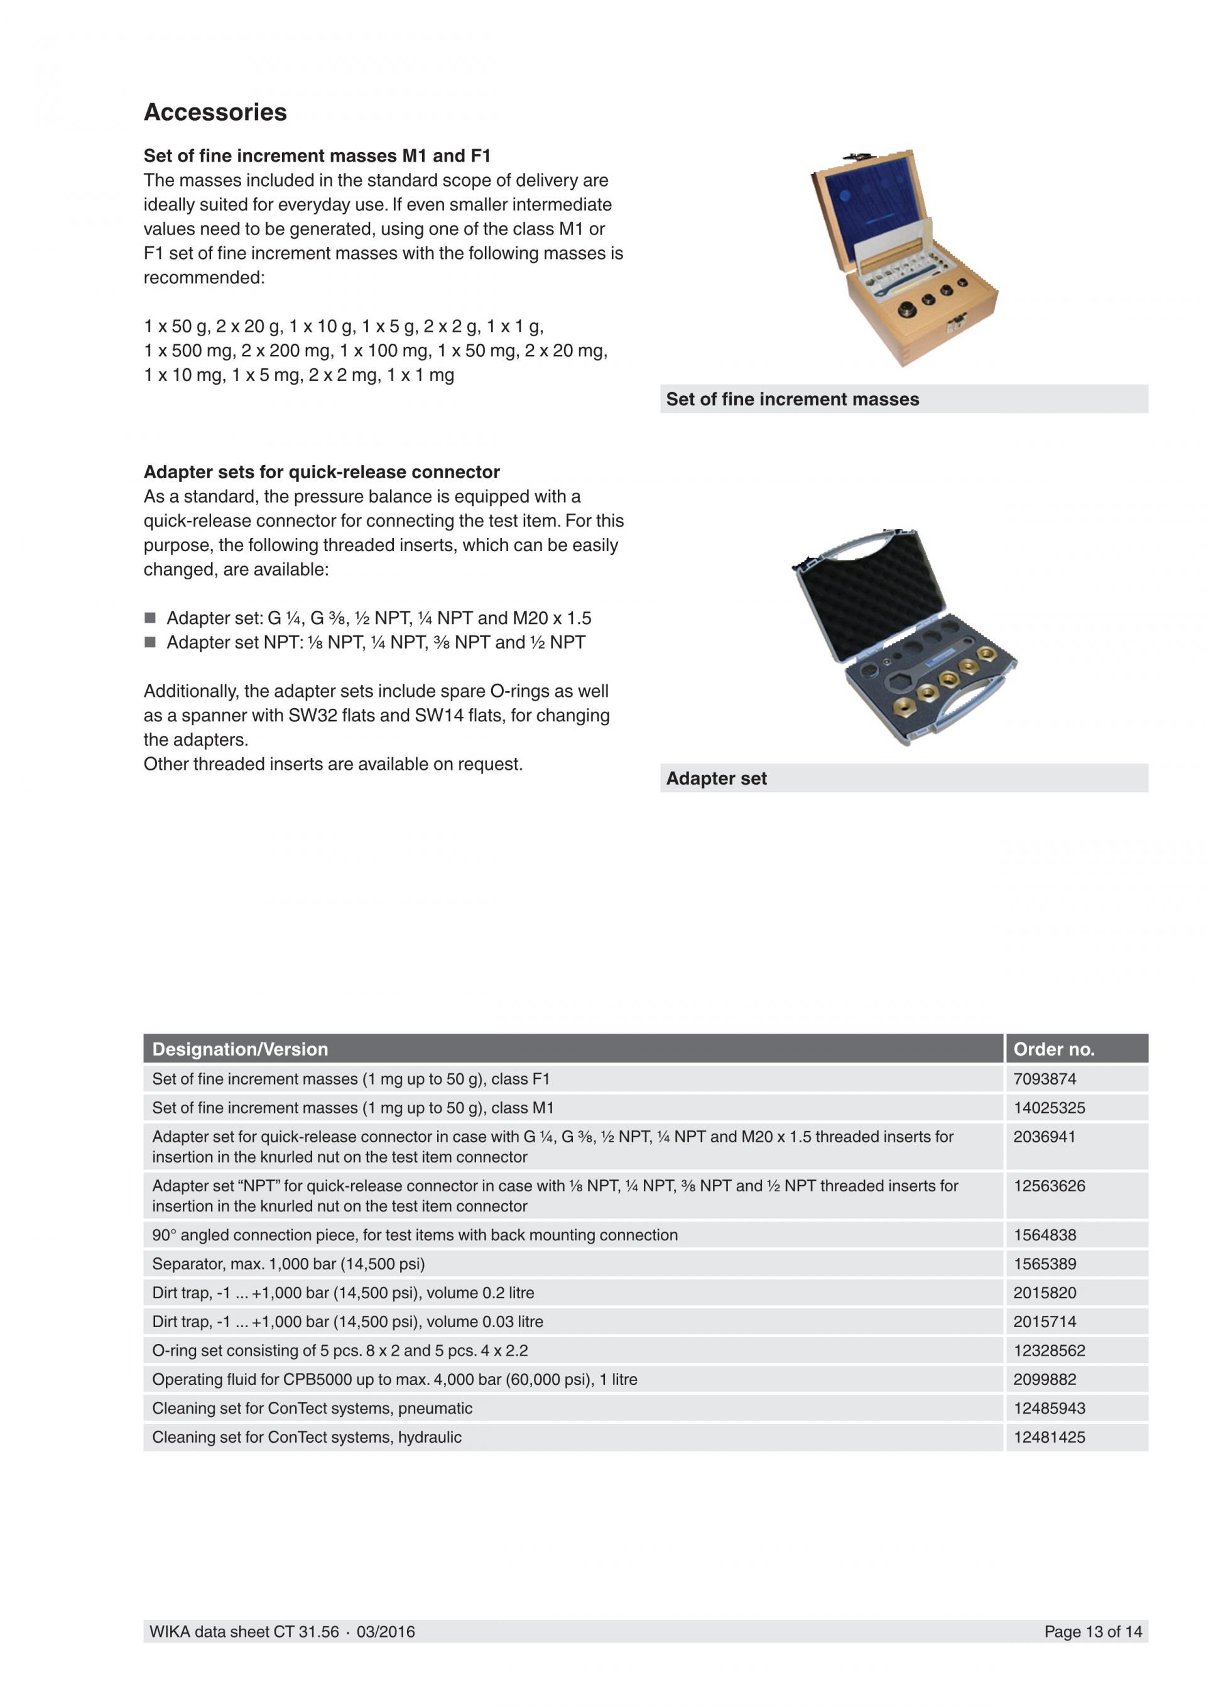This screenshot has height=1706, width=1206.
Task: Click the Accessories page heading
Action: [x=215, y=112]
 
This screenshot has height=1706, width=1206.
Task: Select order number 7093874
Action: [x=1045, y=1079]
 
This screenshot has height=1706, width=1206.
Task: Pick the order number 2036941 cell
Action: [x=1044, y=1137]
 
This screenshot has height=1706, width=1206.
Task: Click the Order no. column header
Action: [x=1054, y=1049]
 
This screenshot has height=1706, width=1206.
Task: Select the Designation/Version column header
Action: [x=240, y=1049]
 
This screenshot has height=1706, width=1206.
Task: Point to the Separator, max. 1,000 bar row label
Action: [x=288, y=1264]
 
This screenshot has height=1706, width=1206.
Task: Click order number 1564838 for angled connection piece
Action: [x=1045, y=1235]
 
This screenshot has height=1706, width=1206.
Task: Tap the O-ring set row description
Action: [x=339, y=1350]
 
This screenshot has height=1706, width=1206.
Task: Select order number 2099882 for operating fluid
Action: [x=1045, y=1379]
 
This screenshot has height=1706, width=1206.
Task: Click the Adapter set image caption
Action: [x=716, y=779]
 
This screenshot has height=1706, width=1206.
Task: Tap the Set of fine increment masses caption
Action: [x=792, y=400]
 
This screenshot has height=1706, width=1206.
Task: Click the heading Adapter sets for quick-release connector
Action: [x=322, y=473]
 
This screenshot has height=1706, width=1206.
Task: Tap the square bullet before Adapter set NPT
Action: [x=150, y=643]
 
